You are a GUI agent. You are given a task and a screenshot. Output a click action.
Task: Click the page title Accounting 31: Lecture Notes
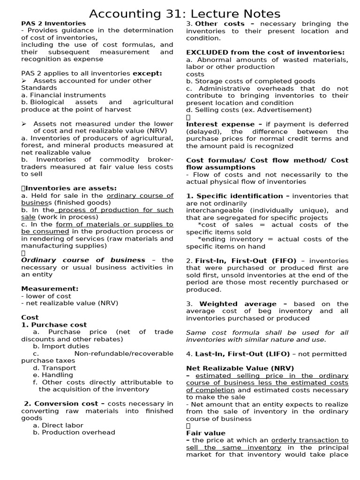coord(185,14)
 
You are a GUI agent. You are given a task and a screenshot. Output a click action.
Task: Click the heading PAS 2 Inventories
coord(53,23)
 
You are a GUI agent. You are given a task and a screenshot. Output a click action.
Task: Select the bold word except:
coord(147,73)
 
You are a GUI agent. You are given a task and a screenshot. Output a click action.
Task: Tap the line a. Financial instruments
coord(63,95)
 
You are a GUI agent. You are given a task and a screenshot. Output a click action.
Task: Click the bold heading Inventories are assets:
coord(71,188)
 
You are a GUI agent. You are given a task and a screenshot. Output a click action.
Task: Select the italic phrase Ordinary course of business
coord(83,260)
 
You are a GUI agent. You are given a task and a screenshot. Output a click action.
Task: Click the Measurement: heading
coord(50,289)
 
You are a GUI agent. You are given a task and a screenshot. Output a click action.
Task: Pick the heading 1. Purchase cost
coord(54,325)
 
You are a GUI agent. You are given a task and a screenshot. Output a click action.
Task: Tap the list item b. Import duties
coord(61,346)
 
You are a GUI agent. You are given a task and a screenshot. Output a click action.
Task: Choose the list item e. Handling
coord(53,375)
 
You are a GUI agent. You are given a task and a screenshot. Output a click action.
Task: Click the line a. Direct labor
coord(58,425)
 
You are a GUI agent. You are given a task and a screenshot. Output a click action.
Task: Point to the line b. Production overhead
coord(74,433)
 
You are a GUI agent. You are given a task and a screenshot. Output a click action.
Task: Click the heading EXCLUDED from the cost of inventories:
coord(265,52)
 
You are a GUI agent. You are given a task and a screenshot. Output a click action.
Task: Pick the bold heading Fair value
coord(206,433)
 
